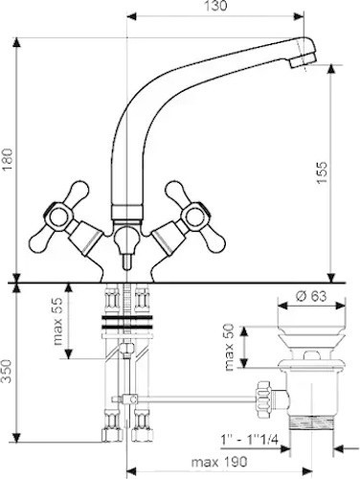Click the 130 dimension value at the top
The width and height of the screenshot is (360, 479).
click(x=215, y=6)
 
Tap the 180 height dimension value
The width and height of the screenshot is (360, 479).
click(x=8, y=160)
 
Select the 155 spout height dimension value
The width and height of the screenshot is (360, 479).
click(x=322, y=172)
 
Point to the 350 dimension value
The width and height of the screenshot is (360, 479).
click(x=8, y=371)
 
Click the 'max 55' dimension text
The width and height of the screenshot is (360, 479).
click(x=58, y=322)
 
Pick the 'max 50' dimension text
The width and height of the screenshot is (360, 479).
click(x=229, y=347)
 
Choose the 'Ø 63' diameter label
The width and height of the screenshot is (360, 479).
click(x=311, y=296)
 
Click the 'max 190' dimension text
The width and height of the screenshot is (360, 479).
click(x=219, y=462)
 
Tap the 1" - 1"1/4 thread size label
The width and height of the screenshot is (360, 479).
click(x=250, y=440)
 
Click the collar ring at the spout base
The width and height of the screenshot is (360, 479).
click(x=126, y=213)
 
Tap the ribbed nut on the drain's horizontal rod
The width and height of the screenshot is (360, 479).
click(x=263, y=399)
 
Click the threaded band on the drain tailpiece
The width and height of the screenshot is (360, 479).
click(x=311, y=423)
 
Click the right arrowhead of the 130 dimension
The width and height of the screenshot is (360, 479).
click(x=299, y=16)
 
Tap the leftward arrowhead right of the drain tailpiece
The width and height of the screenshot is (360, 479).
click(x=338, y=449)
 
